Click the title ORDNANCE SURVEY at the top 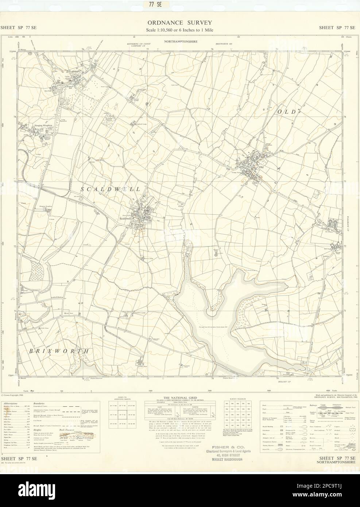pos(179,23)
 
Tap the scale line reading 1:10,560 pos(179,30)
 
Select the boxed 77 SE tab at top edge pos(180,4)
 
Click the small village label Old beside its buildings pos(261,167)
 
